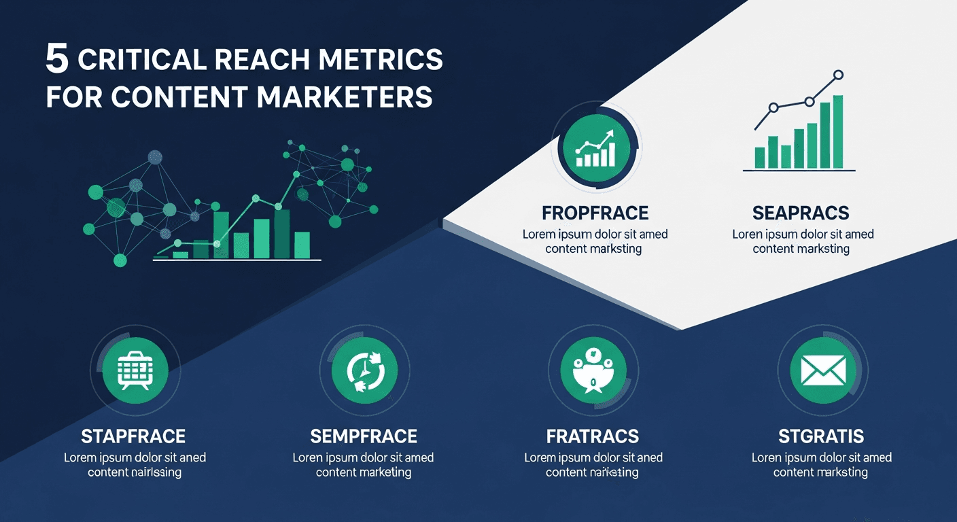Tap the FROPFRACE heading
click(595, 213)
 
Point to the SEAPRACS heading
click(801, 213)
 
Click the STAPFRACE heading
click(133, 436)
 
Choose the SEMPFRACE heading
click(364, 436)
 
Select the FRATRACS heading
click(593, 436)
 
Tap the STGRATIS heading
click(821, 436)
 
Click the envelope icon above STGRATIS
click(822, 370)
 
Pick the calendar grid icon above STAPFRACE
click(133, 370)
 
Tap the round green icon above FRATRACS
click(593, 370)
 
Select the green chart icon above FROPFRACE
click(595, 150)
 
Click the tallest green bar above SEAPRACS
click(837, 132)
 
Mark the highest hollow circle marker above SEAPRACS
click(838, 75)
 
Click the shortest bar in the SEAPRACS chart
click(786, 156)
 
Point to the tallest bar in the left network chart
click(281, 233)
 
